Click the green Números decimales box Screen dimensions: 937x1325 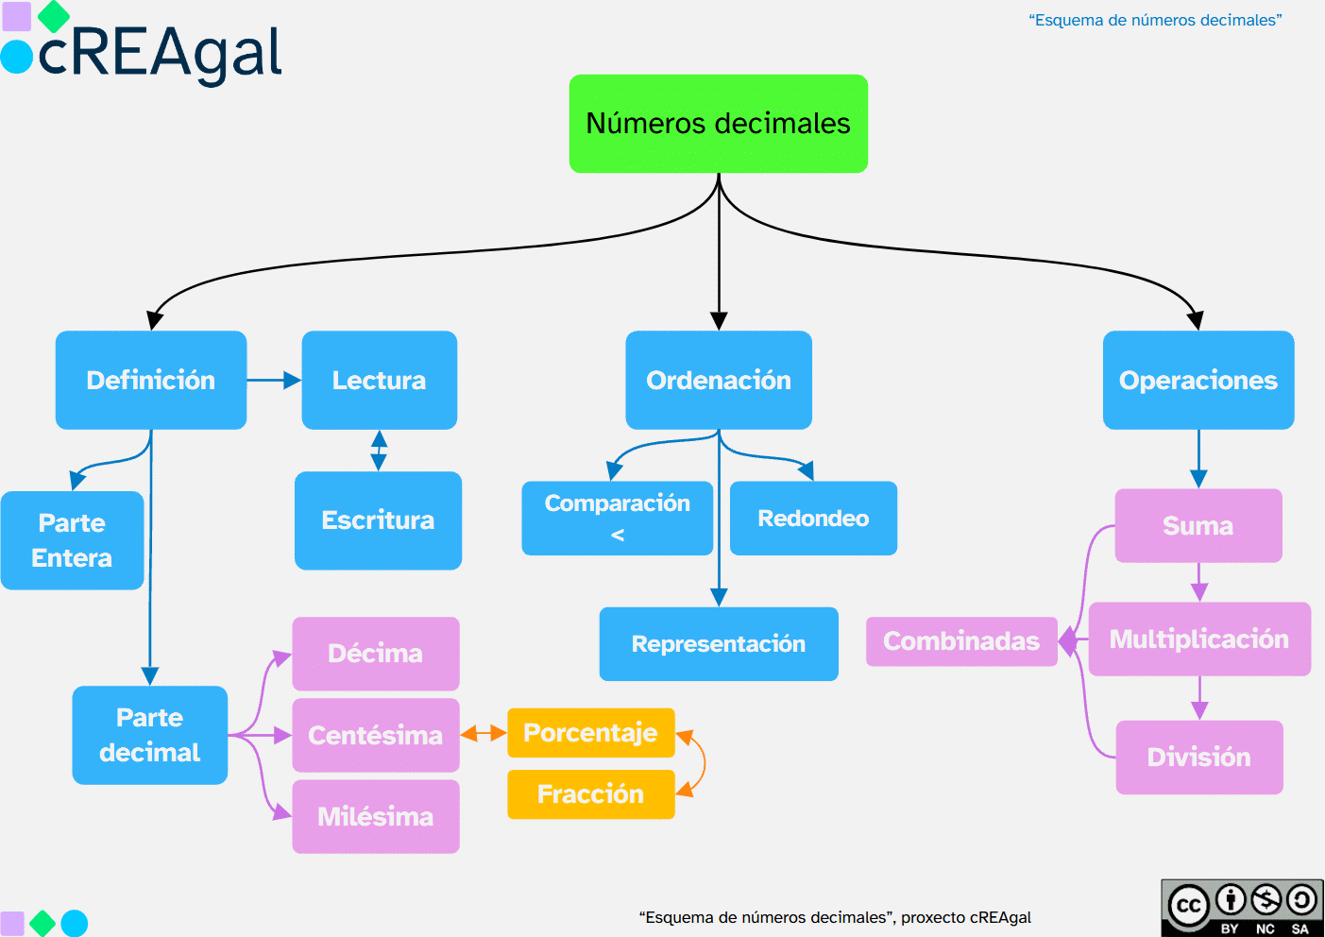718,124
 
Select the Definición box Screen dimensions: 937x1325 151,380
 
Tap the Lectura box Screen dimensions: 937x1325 379,380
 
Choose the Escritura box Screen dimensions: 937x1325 378,520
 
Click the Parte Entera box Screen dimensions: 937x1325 72,540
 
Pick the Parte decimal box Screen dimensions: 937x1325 149,735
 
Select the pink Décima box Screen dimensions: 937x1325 375,654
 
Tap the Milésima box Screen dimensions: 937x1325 375,816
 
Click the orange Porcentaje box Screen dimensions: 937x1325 590,733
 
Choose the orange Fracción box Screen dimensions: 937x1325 590,794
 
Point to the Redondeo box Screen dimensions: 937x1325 813,519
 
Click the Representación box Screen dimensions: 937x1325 718,644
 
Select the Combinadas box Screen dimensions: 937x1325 960,641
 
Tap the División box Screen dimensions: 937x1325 1198,758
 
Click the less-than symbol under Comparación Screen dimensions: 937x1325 618,536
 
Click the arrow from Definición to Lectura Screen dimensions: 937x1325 274,381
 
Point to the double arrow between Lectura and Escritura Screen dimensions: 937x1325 379,451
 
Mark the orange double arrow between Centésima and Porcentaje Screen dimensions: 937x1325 484,734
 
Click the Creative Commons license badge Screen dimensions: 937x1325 1242,908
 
